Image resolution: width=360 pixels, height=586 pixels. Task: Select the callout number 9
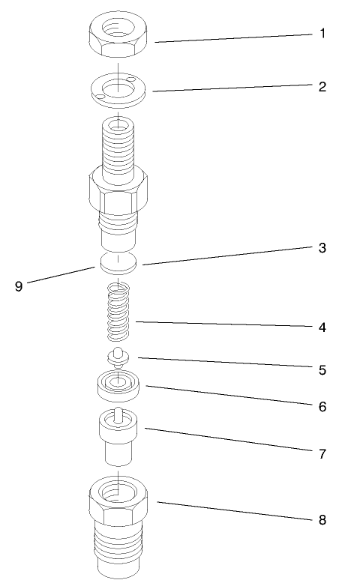pyautogui.click(x=19, y=286)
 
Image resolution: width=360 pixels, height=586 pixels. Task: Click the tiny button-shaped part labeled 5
pyautogui.click(x=117, y=354)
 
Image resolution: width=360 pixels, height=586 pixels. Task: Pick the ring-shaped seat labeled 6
pyautogui.click(x=118, y=386)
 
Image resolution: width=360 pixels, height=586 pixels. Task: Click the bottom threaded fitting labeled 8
pyautogui.click(x=118, y=525)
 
